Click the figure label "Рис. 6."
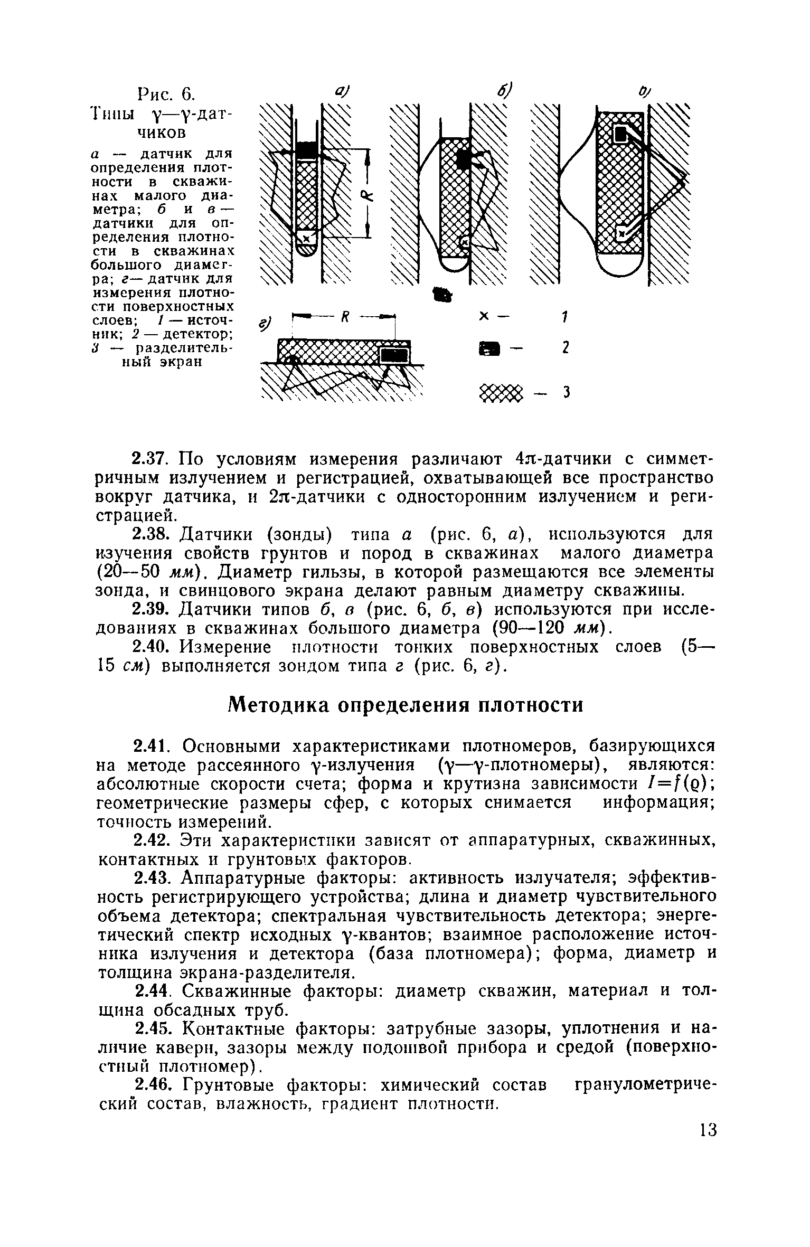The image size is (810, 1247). tap(166, 95)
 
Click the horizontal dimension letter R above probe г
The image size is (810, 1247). tap(345, 317)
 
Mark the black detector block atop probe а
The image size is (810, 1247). tap(306, 148)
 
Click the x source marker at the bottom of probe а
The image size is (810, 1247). tap(305, 238)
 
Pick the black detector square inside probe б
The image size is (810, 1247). tap(463, 157)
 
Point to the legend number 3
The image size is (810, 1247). tap(565, 393)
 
